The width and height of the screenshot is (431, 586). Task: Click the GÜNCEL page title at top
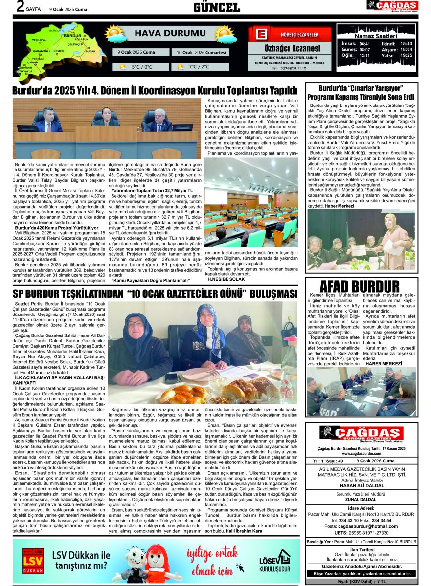tap(217, 7)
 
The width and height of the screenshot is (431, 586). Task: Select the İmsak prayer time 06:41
tap(364, 43)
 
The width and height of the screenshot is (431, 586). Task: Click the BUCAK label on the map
tap(90, 51)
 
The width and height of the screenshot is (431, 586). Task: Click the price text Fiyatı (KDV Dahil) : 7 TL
tap(361, 582)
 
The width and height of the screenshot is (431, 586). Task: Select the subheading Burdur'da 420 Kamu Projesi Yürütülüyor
tap(57, 228)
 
